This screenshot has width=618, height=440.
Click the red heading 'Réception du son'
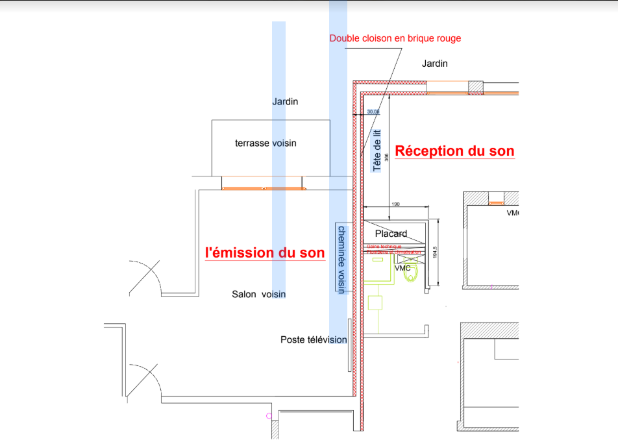[x=454, y=151]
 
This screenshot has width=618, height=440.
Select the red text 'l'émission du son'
[x=264, y=252]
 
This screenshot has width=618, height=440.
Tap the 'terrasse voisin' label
[x=266, y=143]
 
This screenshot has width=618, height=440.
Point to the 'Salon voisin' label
[x=258, y=294]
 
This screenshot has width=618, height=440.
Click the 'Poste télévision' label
[x=314, y=339]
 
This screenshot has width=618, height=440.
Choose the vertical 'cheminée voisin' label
[x=340, y=258]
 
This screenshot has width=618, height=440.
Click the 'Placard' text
[x=391, y=234]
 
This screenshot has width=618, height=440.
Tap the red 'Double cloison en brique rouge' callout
[x=395, y=38]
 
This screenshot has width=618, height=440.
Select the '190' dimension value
[x=396, y=204]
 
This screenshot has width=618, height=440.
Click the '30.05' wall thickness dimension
[x=373, y=112]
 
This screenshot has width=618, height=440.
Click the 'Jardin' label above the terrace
[x=285, y=101]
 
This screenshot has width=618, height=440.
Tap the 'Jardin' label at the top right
[x=435, y=64]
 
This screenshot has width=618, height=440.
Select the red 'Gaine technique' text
[x=384, y=247]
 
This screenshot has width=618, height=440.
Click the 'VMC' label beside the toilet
[x=402, y=267]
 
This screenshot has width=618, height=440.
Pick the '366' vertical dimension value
[x=386, y=156]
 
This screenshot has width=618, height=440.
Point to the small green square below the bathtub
[x=375, y=303]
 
